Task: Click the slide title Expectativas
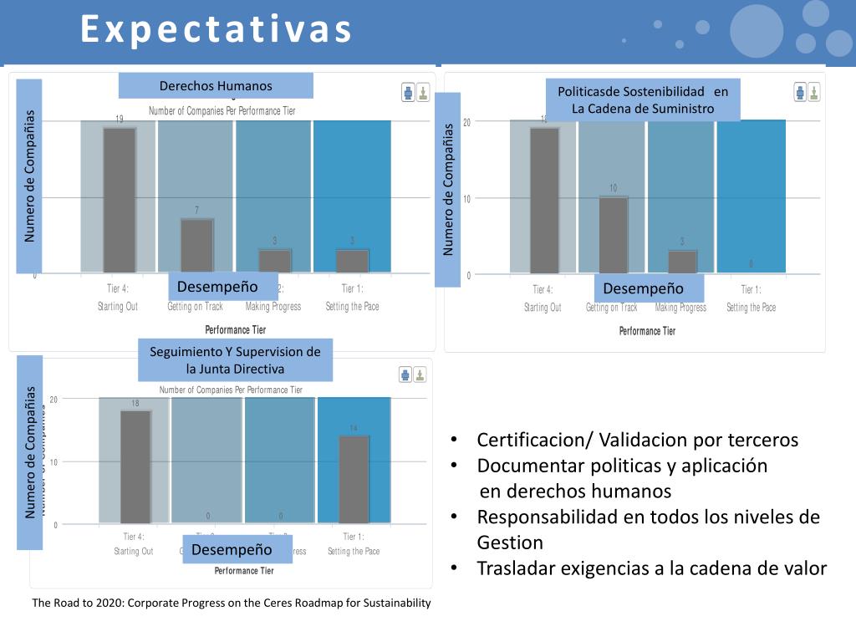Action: coord(217,29)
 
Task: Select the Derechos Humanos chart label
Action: coord(216,85)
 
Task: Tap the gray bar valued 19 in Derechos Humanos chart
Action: coord(120,200)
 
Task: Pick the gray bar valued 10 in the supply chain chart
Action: coord(614,235)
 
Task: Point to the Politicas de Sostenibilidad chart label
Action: coord(643,99)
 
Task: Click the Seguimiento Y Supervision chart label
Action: coord(235,360)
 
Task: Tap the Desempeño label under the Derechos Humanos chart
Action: coord(223,287)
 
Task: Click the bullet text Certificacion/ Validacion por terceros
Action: coord(637,440)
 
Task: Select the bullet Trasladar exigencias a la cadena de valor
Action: coord(651,568)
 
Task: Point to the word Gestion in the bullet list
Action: coord(510,543)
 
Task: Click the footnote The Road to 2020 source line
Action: coord(232,603)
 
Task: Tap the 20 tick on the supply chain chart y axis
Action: coord(466,123)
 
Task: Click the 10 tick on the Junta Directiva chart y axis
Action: coord(53,462)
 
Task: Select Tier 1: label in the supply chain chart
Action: coord(751,290)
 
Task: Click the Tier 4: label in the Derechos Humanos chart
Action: coord(117,289)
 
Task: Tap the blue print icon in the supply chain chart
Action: coord(800,91)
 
